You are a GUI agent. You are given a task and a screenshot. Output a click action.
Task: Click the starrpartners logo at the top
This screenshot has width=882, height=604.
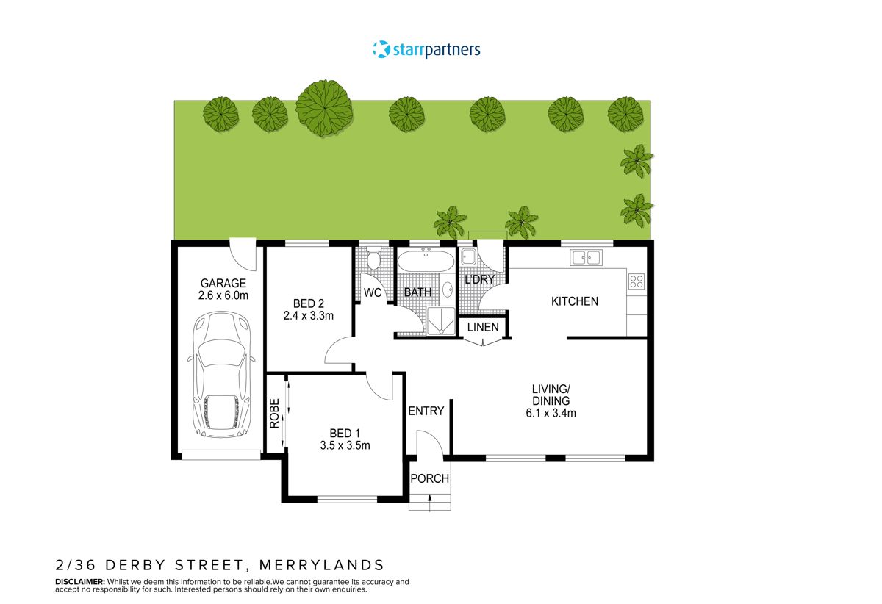tap(426, 50)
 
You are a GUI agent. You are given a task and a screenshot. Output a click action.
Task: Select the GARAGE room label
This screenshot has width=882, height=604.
tap(223, 284)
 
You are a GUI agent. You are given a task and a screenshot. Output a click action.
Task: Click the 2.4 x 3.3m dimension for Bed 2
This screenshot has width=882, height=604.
tap(309, 316)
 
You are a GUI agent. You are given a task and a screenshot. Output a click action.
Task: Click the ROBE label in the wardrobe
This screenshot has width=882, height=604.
tap(274, 413)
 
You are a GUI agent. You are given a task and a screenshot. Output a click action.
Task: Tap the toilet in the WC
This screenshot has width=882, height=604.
tap(373, 260)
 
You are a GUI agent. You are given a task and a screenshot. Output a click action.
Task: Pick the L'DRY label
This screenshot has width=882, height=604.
tap(479, 279)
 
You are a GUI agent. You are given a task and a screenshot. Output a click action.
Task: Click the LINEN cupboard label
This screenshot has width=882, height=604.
tap(483, 327)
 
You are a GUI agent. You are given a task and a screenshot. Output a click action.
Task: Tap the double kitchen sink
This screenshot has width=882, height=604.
tap(586, 257)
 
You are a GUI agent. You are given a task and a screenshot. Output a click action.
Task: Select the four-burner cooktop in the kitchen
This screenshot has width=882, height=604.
tap(636, 281)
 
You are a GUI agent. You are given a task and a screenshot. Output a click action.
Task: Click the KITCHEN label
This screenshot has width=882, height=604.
tap(575, 301)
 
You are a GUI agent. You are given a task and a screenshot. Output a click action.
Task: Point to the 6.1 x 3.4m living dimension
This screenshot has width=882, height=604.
tap(551, 413)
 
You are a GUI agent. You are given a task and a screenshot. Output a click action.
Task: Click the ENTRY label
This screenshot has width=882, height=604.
tap(426, 411)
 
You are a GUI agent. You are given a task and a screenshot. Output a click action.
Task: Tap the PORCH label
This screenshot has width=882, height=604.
tap(429, 479)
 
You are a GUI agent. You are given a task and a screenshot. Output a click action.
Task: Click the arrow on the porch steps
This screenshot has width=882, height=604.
tap(429, 501)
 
